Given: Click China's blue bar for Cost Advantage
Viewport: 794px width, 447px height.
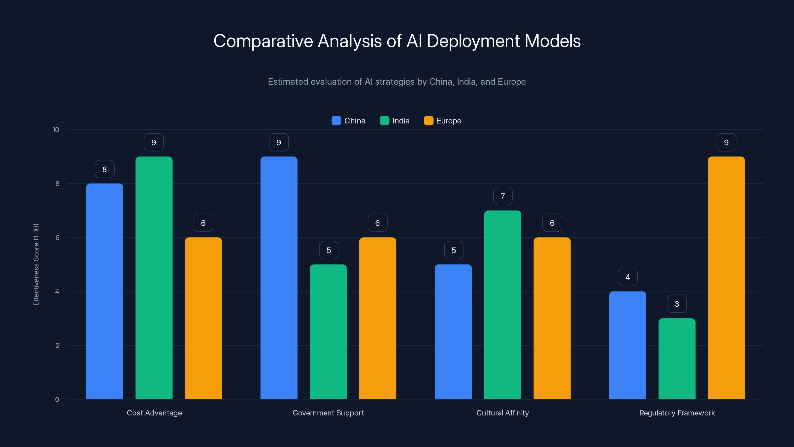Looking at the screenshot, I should point(104,291).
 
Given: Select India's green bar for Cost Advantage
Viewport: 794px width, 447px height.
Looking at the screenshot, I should point(154,278).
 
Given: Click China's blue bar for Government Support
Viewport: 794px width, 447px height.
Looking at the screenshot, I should point(279,278).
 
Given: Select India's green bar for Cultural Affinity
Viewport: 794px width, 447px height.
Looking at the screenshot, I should point(502,305).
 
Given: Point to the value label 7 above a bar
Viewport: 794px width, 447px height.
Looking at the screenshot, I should point(503,196).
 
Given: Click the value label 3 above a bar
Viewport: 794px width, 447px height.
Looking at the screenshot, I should point(677,304).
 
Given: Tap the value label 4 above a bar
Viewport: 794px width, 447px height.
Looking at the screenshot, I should point(628,277).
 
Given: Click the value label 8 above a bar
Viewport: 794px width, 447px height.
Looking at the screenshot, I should point(104,169).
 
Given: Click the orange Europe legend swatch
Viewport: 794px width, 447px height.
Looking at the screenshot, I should point(429,121).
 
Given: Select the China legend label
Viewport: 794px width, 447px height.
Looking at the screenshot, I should point(355,121).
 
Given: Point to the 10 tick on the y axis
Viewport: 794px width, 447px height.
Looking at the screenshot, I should point(56,130).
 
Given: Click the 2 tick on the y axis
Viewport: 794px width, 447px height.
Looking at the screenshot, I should point(57,345).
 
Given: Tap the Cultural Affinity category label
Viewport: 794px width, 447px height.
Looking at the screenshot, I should point(502,413).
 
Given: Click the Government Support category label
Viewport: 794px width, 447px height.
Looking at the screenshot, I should point(328,413).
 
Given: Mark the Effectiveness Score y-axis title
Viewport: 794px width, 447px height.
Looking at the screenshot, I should point(36,264).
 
